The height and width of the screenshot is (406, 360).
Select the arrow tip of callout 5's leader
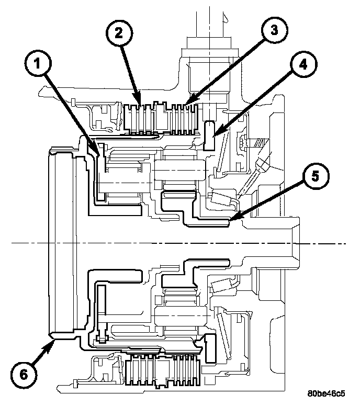tap(230, 218)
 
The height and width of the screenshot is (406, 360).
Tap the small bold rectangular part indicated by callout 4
tap(210, 136)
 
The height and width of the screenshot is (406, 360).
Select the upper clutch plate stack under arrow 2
tap(140, 117)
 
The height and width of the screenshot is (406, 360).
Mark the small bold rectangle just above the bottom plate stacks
tap(211, 347)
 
